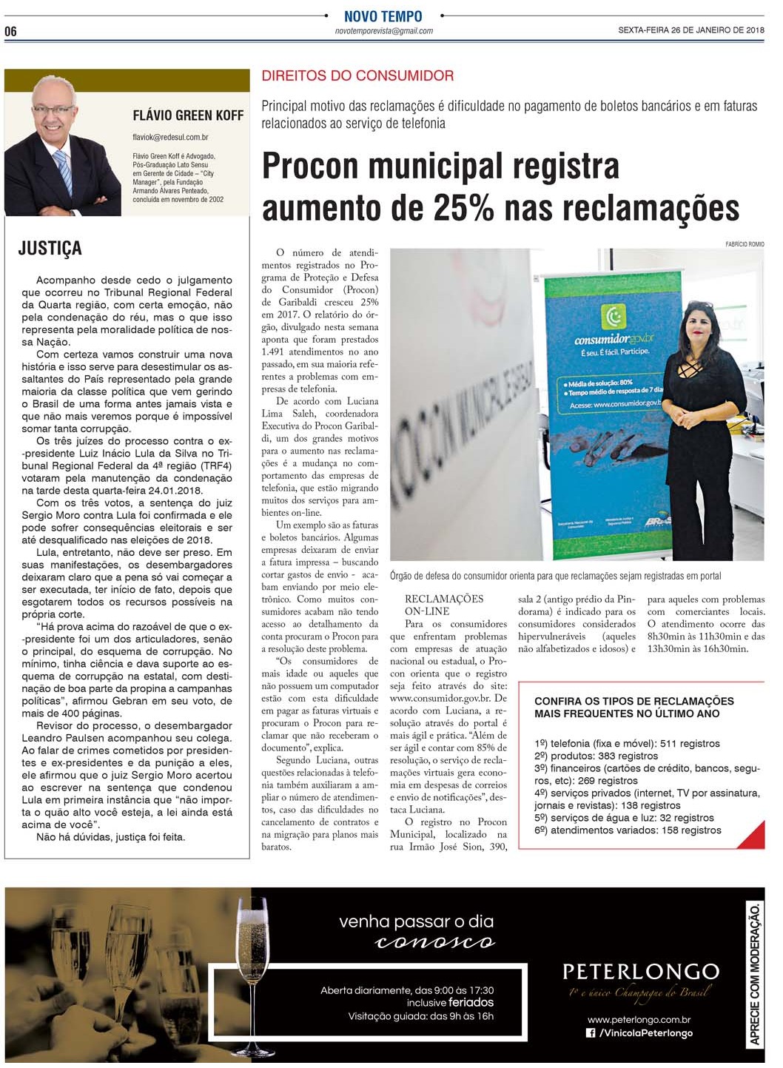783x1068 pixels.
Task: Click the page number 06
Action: click(10, 31)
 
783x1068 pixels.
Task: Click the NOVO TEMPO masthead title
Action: click(383, 16)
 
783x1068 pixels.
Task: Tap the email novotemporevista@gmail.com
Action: click(383, 31)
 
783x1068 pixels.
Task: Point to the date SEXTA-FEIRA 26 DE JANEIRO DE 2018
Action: click(691, 30)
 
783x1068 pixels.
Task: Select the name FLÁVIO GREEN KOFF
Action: click(188, 115)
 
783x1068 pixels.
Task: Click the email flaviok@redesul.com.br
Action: click(170, 137)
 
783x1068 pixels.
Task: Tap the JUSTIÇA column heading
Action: click(50, 249)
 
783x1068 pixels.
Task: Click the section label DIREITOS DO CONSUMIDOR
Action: click(357, 75)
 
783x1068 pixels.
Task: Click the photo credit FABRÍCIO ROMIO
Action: click(745, 244)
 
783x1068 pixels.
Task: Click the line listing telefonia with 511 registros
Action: click(626, 743)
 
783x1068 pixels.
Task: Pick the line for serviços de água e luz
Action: click(624, 818)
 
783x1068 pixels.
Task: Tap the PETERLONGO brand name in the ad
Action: click(640, 971)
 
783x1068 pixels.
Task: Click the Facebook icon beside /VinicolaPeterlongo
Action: click(591, 1033)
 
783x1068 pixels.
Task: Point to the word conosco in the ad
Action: click(435, 942)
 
